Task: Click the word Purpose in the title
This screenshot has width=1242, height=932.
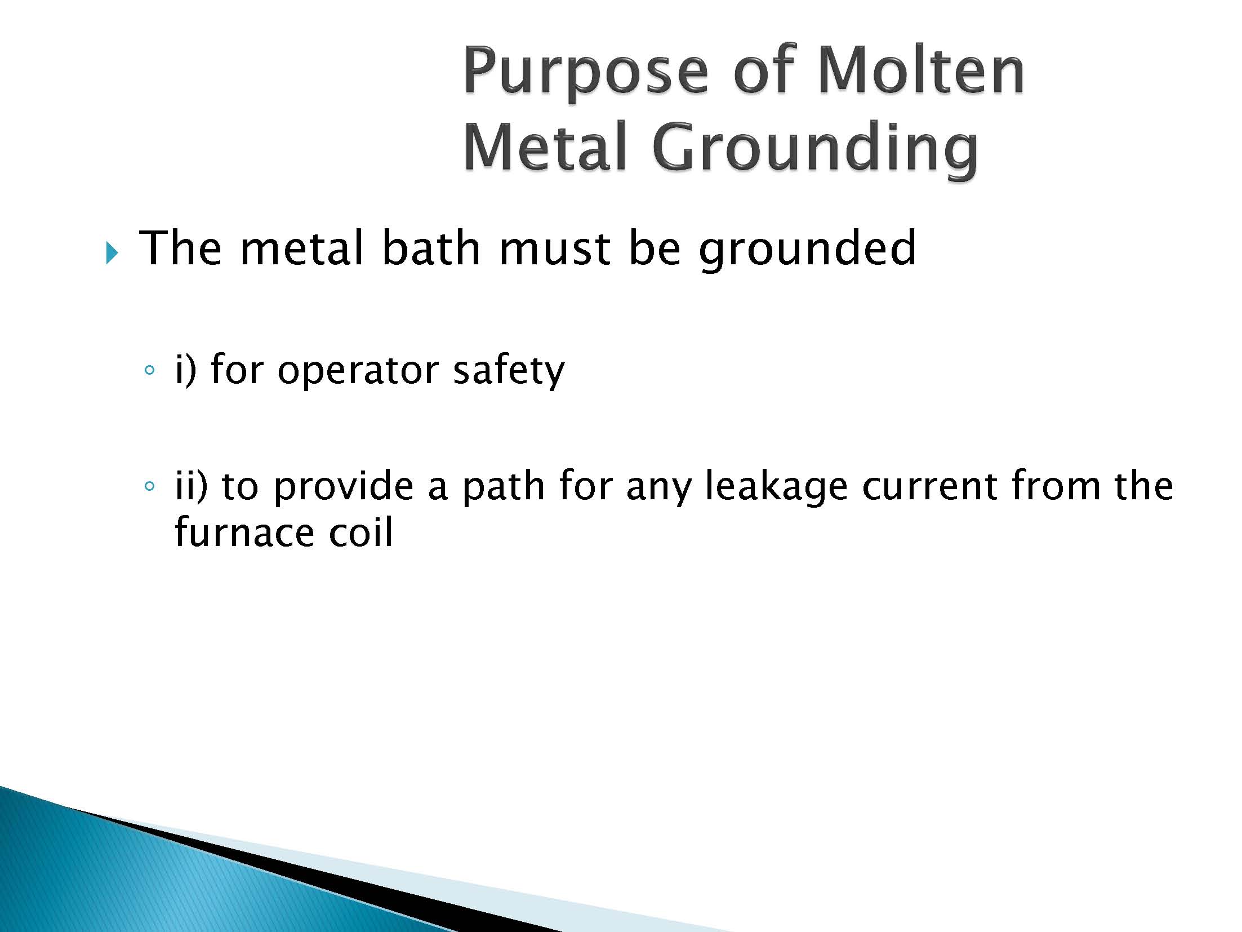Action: (x=585, y=74)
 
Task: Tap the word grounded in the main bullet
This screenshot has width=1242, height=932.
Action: (x=808, y=251)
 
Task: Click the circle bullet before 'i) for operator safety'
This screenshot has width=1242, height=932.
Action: (x=149, y=370)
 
